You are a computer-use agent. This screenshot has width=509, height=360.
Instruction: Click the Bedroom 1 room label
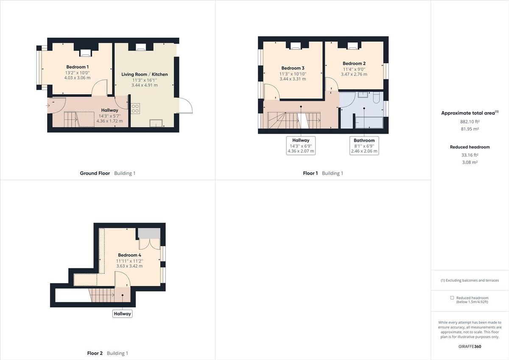tap(78, 67)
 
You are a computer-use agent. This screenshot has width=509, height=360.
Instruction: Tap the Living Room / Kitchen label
tap(145, 74)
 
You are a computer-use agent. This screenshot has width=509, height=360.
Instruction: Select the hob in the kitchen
tap(136, 108)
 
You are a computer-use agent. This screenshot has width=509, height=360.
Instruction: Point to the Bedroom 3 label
tap(293, 68)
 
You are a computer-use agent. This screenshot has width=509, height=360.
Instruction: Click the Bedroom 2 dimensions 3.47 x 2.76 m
tap(354, 74)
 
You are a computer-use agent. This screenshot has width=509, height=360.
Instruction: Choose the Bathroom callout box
tap(364, 146)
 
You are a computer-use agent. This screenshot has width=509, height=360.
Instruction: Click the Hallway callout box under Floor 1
tap(301, 146)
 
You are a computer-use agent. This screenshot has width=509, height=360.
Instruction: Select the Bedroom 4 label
tap(129, 255)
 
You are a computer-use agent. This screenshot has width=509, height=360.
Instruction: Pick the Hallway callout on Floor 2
tap(122, 314)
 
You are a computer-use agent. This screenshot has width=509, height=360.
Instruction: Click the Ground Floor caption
tap(95, 173)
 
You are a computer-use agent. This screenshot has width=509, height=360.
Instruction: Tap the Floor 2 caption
tap(95, 353)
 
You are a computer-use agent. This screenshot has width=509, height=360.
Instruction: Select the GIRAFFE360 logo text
tap(470, 346)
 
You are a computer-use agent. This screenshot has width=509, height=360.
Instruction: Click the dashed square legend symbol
tap(452, 298)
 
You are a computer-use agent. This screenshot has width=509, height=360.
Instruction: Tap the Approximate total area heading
tap(468, 113)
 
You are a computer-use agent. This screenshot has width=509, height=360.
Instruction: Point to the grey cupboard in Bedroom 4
tap(148, 233)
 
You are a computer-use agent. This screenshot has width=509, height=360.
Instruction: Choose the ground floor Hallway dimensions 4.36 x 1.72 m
tap(109, 121)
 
